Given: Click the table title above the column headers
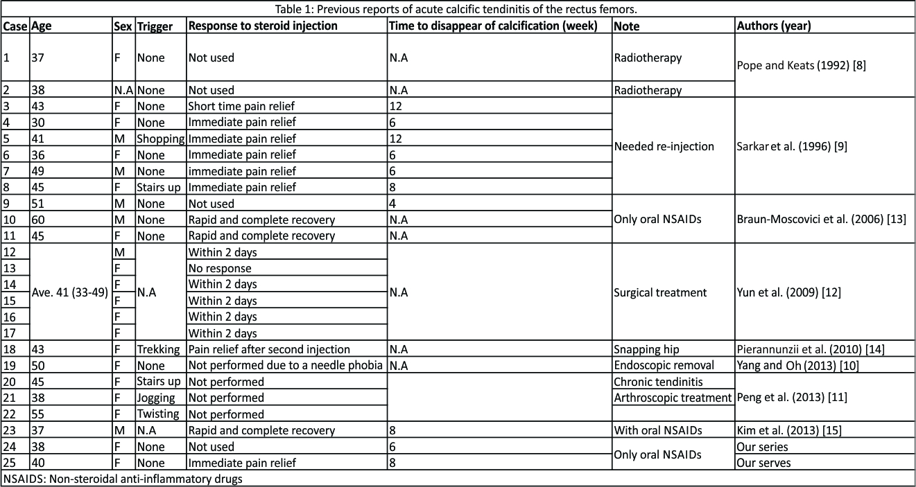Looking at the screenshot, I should coord(458,9).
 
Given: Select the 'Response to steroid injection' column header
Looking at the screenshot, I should coord(263,26).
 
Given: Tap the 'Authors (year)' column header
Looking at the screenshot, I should coord(774,26).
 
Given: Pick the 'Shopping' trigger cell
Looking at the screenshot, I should coord(160,139).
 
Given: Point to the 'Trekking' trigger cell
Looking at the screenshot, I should coord(159,349).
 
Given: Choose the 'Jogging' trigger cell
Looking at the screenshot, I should coord(157,398).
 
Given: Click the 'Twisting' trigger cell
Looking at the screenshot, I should coord(158,414).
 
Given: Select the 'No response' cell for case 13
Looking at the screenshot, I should coord(220,268).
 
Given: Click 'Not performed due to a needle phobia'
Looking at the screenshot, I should coord(286,366).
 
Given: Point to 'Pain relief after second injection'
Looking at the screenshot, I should coord(269,349).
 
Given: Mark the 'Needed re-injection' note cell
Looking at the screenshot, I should coord(664,146).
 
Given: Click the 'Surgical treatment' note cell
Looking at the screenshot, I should coord(660,292).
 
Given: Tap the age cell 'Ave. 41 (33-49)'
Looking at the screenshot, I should coord(70,292).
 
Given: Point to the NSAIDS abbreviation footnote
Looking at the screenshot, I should coord(123,479).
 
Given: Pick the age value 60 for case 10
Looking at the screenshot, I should coord(37,220).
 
